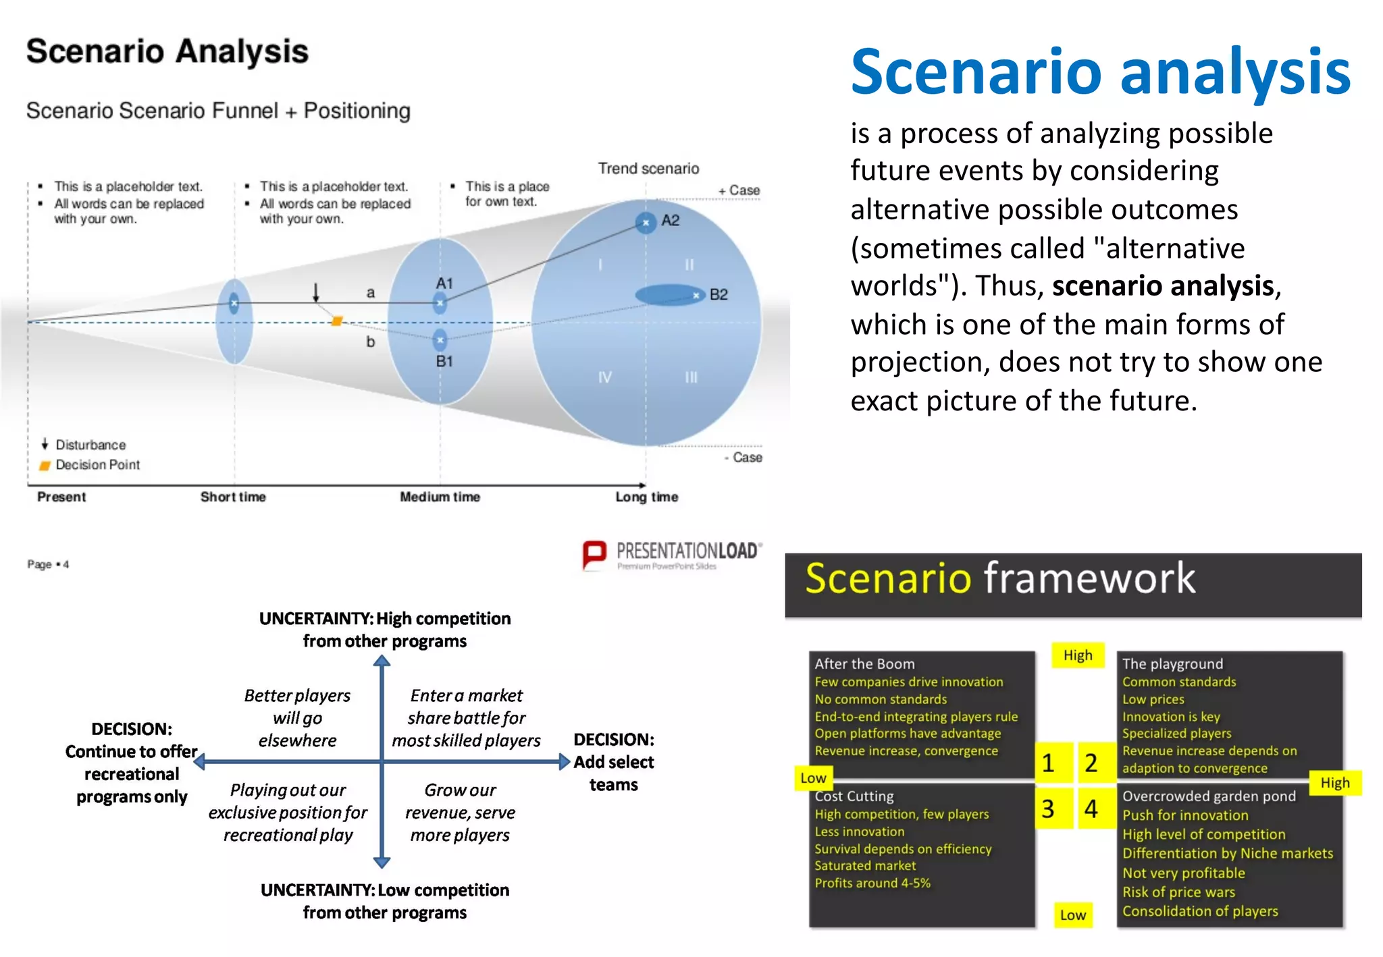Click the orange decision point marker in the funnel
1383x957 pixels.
[337, 321]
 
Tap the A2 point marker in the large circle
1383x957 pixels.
[646, 222]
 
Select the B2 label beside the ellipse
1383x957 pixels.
[719, 295]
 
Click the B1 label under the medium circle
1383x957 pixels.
[444, 362]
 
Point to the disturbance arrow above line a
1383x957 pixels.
[315, 292]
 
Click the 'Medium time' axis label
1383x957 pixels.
[440, 497]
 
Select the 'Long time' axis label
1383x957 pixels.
[646, 497]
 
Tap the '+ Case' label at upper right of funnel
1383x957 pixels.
[739, 191]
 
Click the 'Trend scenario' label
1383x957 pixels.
[648, 169]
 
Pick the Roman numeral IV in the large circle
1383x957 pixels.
[604, 377]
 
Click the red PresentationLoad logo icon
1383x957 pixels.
[594, 555]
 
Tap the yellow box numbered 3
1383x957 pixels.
[1048, 809]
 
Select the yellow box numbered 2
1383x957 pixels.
[1091, 763]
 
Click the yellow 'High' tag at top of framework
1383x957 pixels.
[1078, 655]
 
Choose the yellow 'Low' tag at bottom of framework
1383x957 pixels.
[1073, 915]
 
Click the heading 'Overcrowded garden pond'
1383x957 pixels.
[1209, 796]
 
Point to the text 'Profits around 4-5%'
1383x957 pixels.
[872, 883]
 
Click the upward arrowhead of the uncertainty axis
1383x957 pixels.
[382, 661]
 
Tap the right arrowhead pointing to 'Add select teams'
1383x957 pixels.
[565, 763]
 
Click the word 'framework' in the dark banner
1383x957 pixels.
[1089, 578]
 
